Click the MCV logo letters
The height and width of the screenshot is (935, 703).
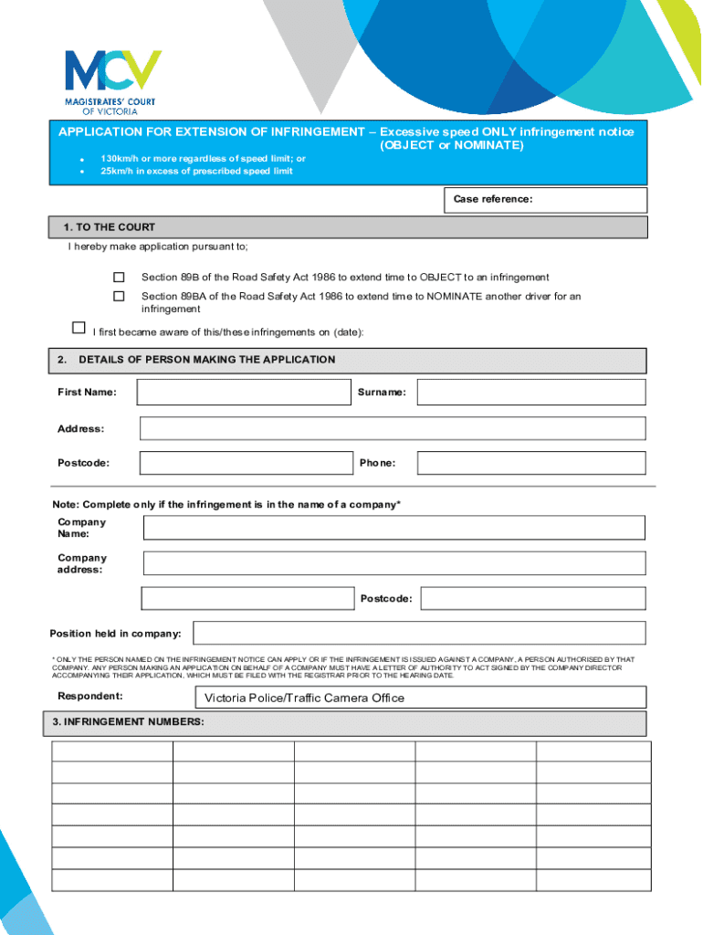[112, 71]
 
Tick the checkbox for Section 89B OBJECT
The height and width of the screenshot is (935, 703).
[119, 277]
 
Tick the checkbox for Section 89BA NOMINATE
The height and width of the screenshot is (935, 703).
[119, 296]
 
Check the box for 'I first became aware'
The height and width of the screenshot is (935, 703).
[79, 328]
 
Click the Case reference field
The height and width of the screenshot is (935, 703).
[593, 200]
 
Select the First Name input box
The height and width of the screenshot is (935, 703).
[244, 393]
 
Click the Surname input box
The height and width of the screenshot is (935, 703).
[531, 393]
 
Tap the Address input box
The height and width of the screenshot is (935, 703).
[393, 428]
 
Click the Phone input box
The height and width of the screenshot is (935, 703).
[531, 463]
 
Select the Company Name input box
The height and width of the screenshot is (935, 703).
[394, 528]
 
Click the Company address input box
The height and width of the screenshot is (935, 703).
[394, 562]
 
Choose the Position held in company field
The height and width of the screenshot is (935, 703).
[419, 633]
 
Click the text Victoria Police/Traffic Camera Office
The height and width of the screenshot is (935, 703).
[304, 699]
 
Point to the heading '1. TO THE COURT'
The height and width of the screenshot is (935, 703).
[110, 227]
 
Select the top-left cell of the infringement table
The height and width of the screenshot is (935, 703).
[112, 751]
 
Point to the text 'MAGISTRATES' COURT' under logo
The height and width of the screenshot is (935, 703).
[110, 101]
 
